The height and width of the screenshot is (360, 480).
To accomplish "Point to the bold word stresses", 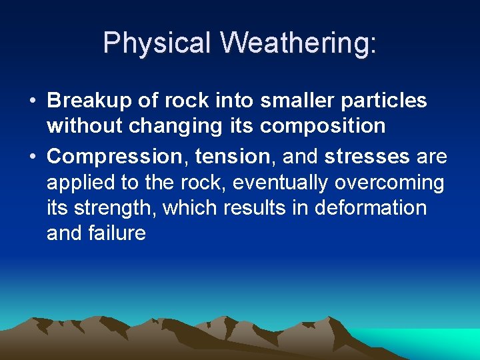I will pos(367,157).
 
